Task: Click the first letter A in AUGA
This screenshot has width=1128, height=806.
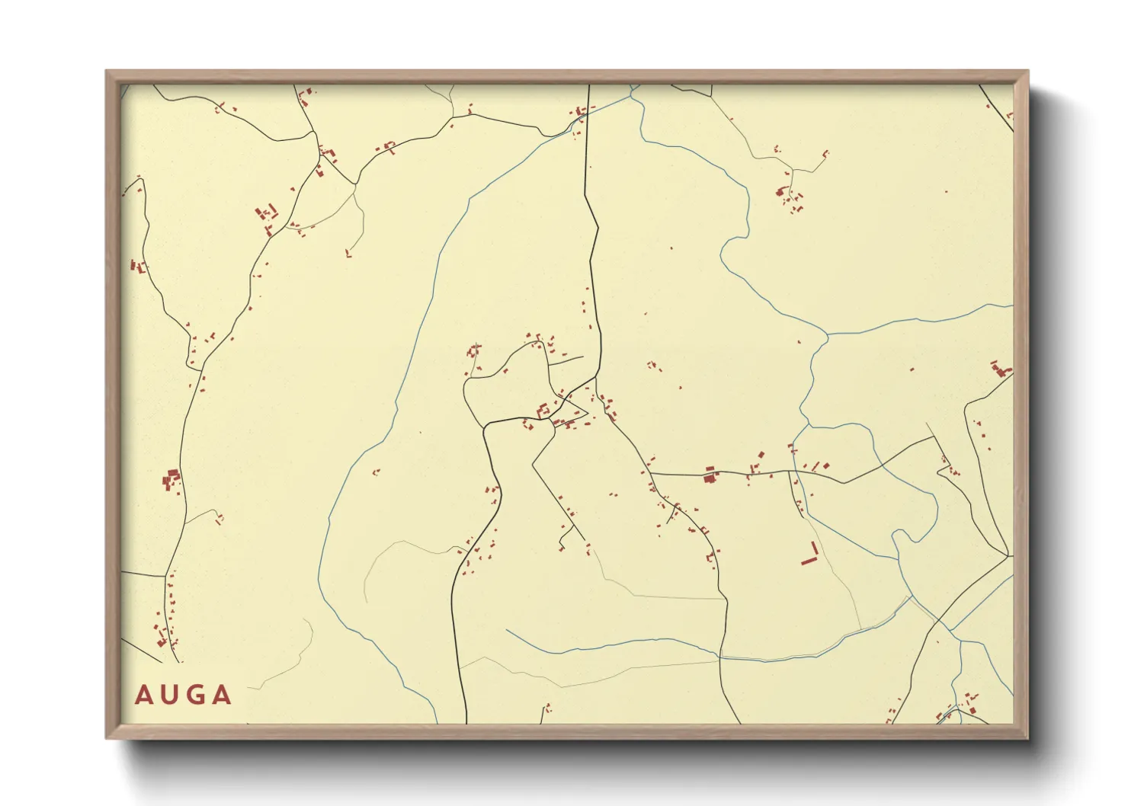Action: click(143, 695)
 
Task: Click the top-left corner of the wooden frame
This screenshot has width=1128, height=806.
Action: click(107, 72)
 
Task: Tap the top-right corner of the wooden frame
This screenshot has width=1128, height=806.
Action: click(1027, 72)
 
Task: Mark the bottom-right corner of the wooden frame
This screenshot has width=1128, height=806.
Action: click(1027, 737)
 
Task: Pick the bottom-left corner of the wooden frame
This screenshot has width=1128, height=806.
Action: click(107, 737)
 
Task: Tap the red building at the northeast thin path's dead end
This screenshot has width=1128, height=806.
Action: click(827, 154)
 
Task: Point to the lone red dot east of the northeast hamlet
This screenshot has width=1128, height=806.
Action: click(947, 191)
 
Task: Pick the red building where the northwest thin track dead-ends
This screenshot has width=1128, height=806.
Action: click(348, 253)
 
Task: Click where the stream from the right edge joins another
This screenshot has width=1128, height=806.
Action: click(828, 334)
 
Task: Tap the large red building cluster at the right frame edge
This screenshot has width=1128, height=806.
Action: click(998, 370)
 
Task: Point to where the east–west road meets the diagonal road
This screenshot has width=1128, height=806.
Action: click(650, 473)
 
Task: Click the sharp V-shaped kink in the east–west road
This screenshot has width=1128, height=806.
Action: click(843, 483)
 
